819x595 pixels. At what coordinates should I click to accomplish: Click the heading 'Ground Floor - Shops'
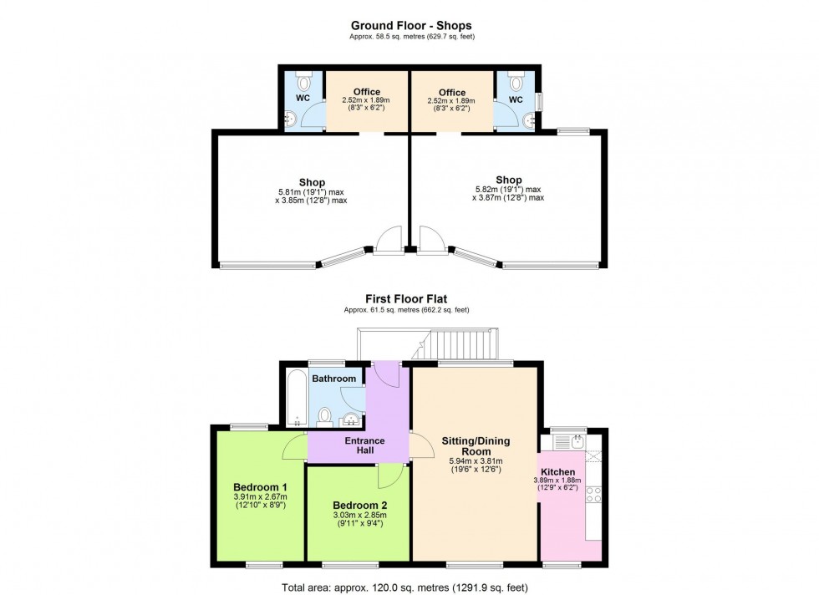(409, 26)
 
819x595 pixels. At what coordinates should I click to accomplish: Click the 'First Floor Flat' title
(409, 298)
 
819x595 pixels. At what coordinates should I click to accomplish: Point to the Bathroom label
(333, 379)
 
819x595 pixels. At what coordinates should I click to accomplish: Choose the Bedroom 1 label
(260, 488)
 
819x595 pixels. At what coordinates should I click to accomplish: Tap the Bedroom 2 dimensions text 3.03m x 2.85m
(359, 517)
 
